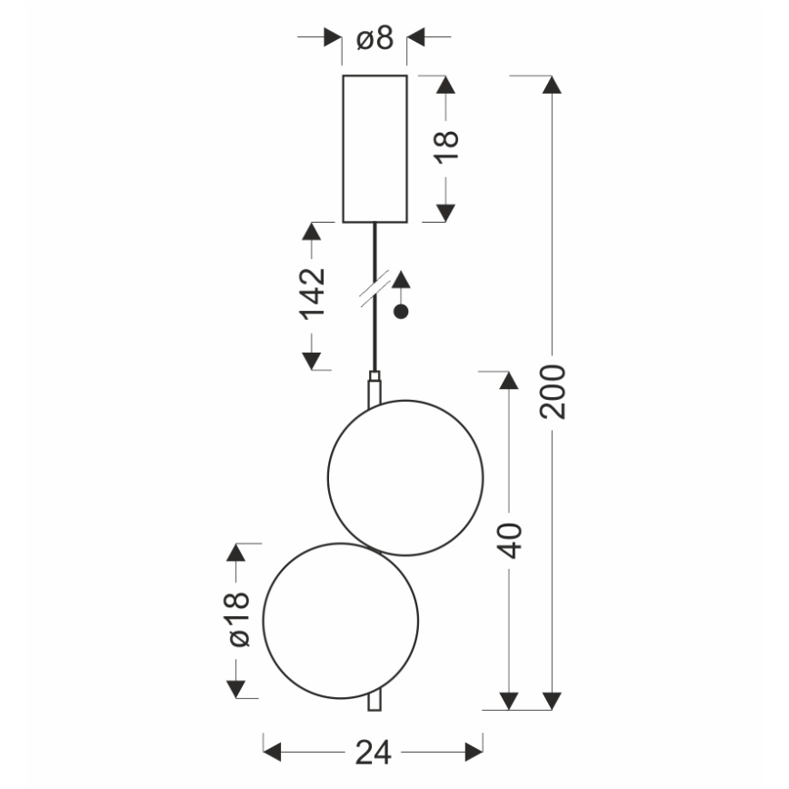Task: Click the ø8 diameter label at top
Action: click(374, 38)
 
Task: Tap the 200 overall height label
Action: click(553, 391)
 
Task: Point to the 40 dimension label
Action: click(510, 540)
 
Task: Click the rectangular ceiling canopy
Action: click(374, 148)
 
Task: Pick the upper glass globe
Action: click(405, 478)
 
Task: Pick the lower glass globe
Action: click(341, 620)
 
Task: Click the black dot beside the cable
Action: click(400, 312)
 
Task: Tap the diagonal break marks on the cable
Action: click(374, 285)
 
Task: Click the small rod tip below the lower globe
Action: click(373, 703)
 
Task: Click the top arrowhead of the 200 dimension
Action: click(552, 85)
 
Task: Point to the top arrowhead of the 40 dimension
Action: click(510, 382)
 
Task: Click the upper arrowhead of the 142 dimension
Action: click(312, 234)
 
